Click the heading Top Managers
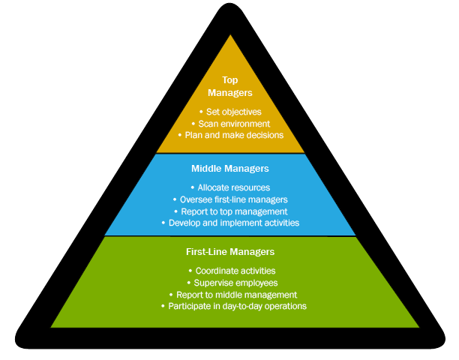pyautogui.click(x=229, y=86)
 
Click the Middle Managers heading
pyautogui.click(x=229, y=169)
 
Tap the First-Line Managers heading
pyautogui.click(x=229, y=252)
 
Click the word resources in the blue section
pyautogui.click(x=250, y=187)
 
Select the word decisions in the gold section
pyautogui.click(x=262, y=136)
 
